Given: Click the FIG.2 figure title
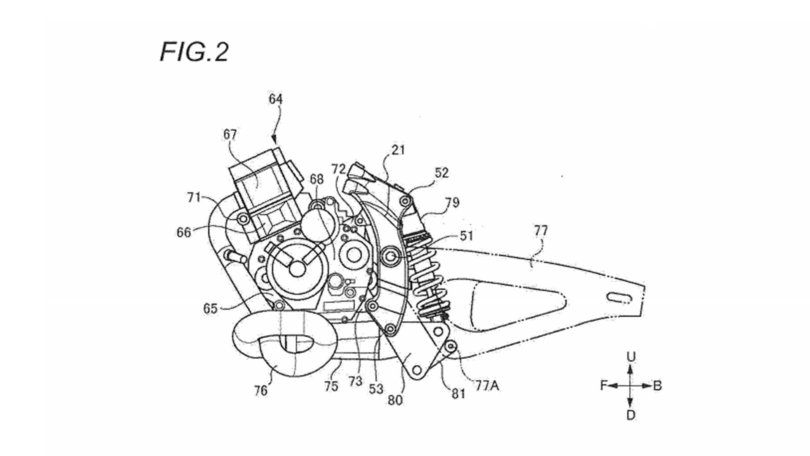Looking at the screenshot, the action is coord(194,52).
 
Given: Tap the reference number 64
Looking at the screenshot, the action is coord(275,99).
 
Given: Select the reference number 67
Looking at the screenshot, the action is coord(230,134).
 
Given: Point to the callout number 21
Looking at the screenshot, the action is coord(398,150).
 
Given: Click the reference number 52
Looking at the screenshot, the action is coord(442,173).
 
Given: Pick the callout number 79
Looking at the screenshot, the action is coord(452,202).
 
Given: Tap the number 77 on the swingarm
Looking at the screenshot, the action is coord(541,231).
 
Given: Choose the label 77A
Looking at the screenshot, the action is coord(487,385).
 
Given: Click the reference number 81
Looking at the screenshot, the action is coord(458,394).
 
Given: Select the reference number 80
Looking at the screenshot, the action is coord(395,400).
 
